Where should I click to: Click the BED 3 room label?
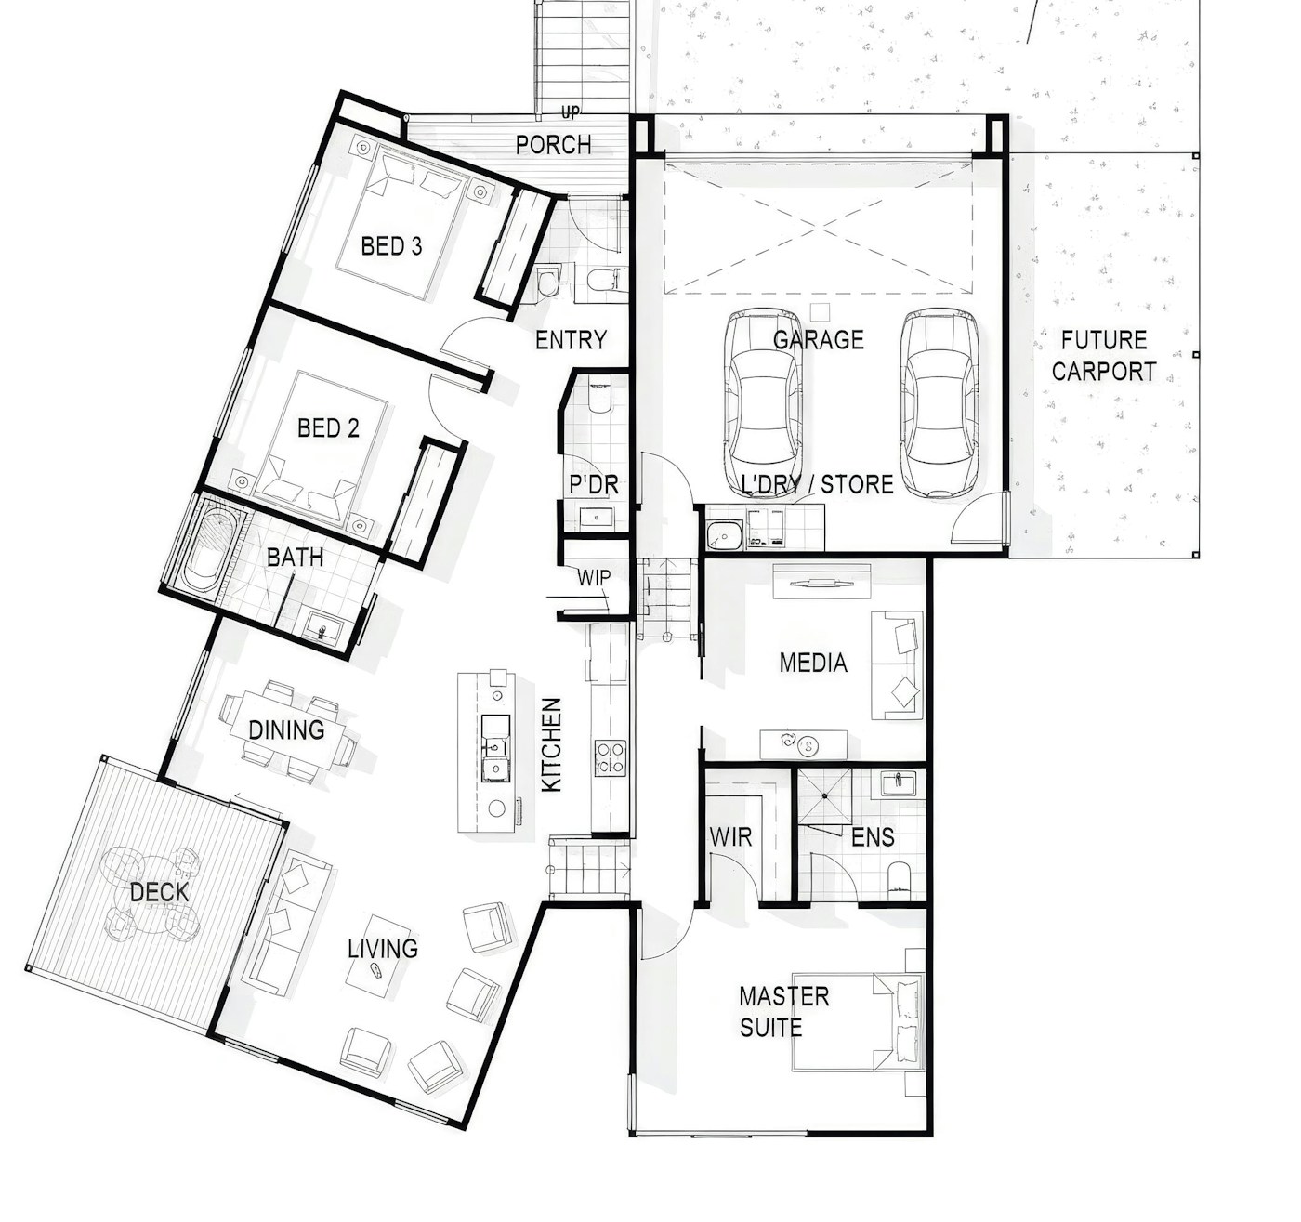(x=392, y=246)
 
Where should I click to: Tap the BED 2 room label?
(x=328, y=427)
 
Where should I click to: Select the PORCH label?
(x=554, y=145)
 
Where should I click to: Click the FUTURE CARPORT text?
(x=1104, y=356)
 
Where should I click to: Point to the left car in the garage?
(x=763, y=403)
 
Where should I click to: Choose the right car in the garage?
(x=940, y=403)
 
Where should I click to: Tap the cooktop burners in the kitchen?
(x=610, y=757)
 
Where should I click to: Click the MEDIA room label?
(x=813, y=663)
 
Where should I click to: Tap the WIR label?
(x=730, y=837)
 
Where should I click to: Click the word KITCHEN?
(x=552, y=744)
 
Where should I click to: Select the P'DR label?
(x=594, y=484)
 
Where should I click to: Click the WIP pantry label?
(x=594, y=577)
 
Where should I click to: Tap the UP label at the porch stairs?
(x=571, y=112)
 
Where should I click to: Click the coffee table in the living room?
(x=378, y=956)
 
